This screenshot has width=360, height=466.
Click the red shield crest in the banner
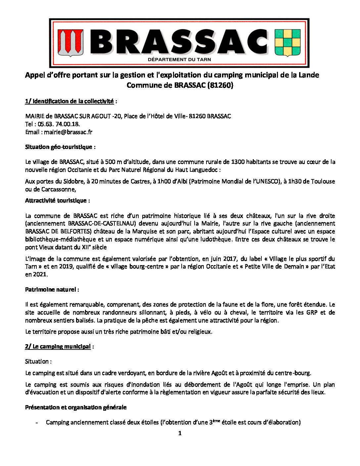tap(70, 42)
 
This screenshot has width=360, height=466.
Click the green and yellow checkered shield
tap(288, 42)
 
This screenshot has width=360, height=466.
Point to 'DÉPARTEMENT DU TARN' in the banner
tap(179, 60)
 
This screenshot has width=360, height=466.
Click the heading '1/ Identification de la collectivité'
tap(69, 101)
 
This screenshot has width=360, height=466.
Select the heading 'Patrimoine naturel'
tap(51, 290)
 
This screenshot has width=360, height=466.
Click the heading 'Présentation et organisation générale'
tap(75, 407)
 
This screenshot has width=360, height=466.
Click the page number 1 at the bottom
tap(180, 434)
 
